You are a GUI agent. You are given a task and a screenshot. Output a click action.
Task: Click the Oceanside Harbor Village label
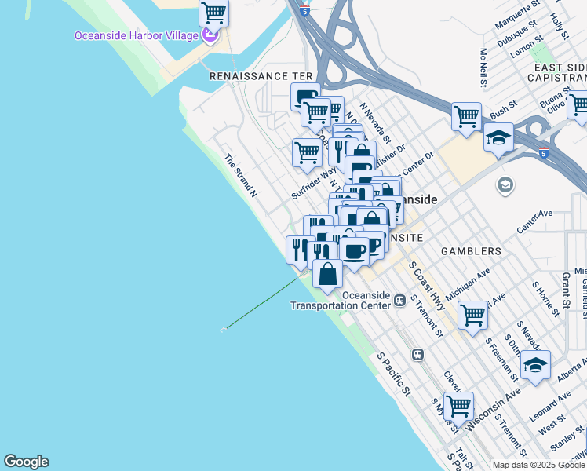coord(135,35)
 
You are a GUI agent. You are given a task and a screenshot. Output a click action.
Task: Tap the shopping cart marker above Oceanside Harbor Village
coord(213,13)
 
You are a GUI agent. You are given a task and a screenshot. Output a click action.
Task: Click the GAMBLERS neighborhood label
coord(470,251)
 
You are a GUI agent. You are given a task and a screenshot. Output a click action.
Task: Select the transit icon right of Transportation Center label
coord(400,299)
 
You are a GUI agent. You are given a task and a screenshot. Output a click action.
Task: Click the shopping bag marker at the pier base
coord(327,274)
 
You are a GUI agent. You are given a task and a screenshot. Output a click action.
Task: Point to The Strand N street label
coord(242,175)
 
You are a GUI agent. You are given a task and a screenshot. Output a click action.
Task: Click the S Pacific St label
coord(394,374)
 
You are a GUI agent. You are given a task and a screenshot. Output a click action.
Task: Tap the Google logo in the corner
coord(26,462)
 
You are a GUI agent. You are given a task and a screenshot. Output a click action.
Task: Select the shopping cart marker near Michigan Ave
coord(472,315)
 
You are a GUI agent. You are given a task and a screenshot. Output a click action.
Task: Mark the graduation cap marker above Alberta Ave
coord(535,365)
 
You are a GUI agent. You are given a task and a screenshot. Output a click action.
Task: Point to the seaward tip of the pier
coord(224,329)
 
